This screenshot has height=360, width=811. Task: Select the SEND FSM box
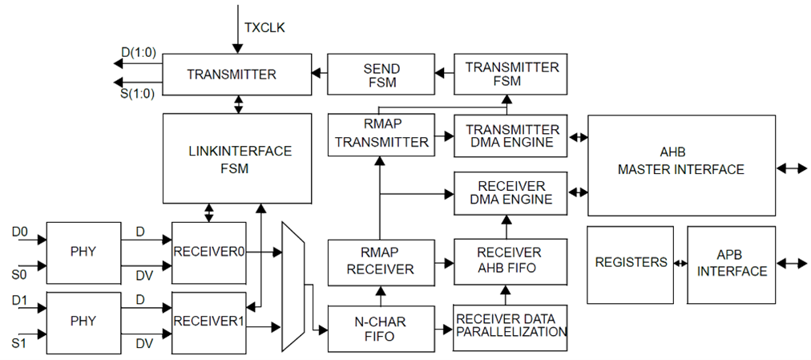tap(381, 75)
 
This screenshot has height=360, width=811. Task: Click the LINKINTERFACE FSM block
tap(236, 159)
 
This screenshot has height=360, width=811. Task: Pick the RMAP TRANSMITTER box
tap(381, 134)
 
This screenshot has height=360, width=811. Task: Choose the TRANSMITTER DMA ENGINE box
tap(511, 136)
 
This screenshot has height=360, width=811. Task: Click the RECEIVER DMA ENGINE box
tap(511, 192)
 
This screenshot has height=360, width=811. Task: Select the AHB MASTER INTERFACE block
tap(681, 165)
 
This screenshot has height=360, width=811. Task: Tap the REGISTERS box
tap(631, 263)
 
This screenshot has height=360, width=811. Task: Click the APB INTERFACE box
tap(731, 264)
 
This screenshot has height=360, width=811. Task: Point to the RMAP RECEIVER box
tap(381, 262)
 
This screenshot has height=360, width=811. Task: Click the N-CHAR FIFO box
tap(381, 329)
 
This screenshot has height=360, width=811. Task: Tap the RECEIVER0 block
tap(208, 253)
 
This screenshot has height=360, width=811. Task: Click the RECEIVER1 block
tap(208, 322)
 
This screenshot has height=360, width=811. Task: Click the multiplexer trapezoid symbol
tap(294, 286)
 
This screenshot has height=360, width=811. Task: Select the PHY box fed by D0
tap(83, 252)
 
